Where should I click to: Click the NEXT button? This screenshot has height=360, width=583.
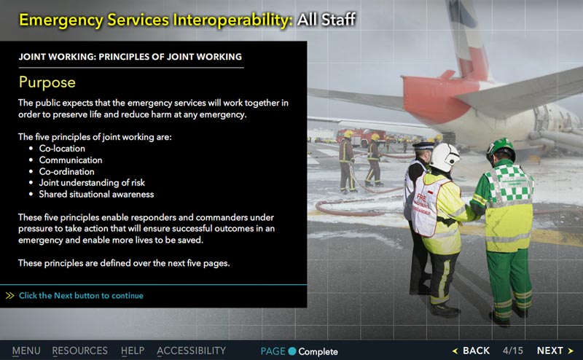pos(555,351)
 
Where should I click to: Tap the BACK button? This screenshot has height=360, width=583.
pos(471,351)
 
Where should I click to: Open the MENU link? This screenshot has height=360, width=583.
pos(26,351)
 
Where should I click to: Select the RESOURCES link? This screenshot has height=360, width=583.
pos(79,351)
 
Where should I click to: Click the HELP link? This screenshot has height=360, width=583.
pos(133,351)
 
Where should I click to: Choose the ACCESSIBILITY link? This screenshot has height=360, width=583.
pos(191,351)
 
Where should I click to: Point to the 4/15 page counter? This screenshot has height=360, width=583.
pos(513,351)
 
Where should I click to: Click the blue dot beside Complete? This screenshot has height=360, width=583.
pos(292,351)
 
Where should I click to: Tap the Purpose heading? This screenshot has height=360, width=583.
pos(47,82)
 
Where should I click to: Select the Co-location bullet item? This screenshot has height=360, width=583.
pos(62,149)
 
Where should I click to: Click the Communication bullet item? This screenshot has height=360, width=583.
pos(71,160)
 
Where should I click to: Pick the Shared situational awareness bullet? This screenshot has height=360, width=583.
pos(96,194)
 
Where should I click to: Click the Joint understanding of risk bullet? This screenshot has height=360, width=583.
pos(92,183)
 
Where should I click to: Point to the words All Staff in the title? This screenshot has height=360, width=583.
pos(326,20)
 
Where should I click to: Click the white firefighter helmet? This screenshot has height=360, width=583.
pos(445,157)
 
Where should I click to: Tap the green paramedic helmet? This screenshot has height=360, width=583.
pos(501,148)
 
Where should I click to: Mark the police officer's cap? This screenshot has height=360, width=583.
pos(423,146)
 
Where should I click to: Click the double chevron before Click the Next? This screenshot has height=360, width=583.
pos(10,296)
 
